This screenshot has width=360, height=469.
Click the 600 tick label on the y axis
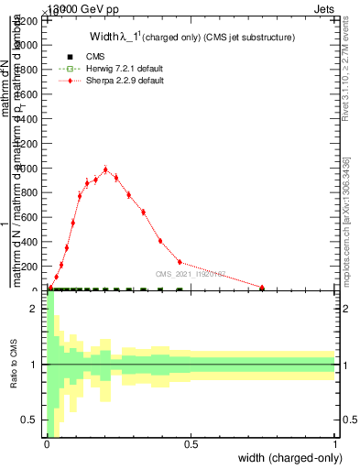coord(32,169)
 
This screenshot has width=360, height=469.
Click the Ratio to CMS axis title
coord(14,365)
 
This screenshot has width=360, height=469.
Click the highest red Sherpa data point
coord(106,169)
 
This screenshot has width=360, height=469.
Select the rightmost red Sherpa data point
coord(262,288)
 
